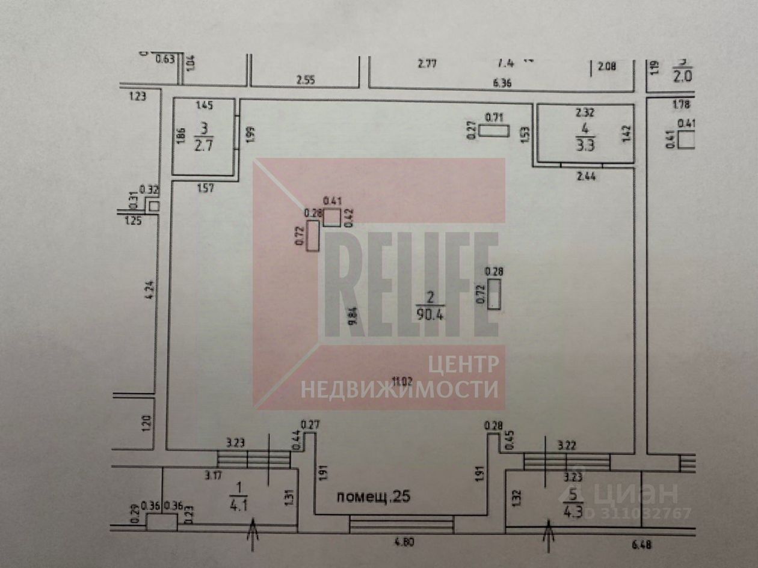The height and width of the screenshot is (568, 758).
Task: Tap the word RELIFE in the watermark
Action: tap(411, 284)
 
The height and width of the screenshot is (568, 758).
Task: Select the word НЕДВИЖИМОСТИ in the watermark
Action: tap(399, 389)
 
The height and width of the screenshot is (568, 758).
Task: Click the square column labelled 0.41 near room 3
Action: tap(332, 217)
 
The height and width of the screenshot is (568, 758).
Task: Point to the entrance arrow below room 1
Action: tap(253, 537)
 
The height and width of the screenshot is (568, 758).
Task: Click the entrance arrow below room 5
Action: tap(549, 538)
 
